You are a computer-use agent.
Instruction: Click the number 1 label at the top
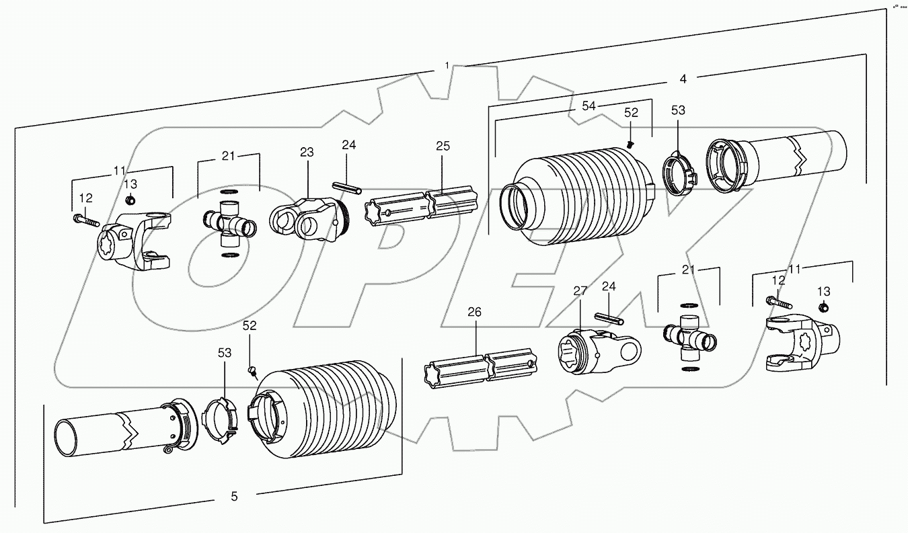[447, 65]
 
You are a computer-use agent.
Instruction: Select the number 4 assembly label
[683, 79]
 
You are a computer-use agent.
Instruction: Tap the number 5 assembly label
[234, 497]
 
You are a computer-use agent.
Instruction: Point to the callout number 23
[307, 153]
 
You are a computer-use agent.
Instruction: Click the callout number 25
[442, 146]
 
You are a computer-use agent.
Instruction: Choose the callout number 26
[475, 312]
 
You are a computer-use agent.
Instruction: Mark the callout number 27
[580, 290]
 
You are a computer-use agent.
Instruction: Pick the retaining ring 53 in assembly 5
[222, 421]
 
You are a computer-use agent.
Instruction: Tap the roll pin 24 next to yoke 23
[345, 186]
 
